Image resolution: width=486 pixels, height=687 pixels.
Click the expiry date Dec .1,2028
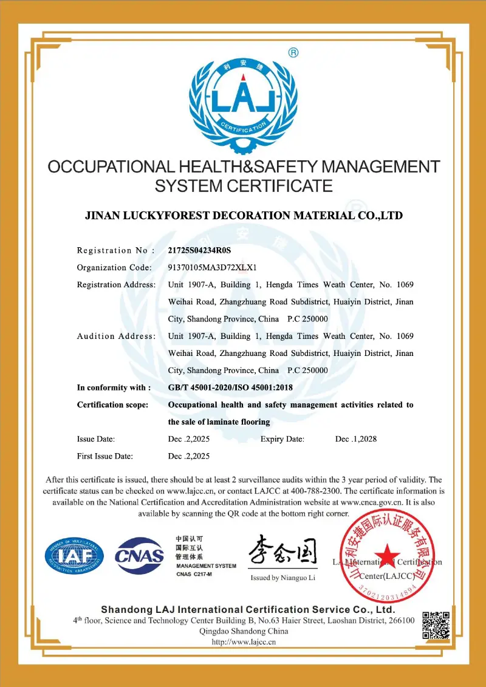tap(356, 439)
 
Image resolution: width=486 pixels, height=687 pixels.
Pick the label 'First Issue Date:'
tap(105, 456)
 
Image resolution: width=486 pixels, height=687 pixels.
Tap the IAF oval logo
tap(74, 556)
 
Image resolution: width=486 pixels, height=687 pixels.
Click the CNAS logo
tap(140, 555)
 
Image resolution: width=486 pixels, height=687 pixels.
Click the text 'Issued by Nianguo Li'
tap(283, 578)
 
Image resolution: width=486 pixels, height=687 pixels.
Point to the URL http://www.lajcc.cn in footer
tap(243, 641)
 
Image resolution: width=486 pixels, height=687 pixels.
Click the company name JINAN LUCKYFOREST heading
tap(243, 216)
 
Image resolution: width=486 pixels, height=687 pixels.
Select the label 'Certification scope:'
tap(112, 405)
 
